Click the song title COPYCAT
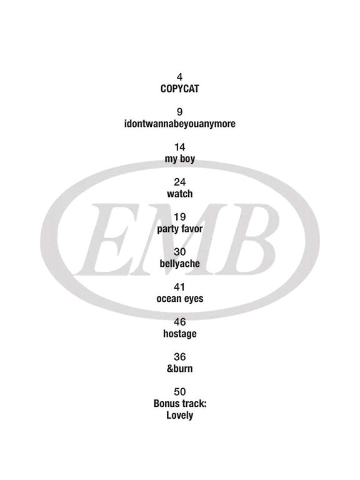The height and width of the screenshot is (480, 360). coord(180,89)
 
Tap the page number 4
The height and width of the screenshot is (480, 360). coord(180,77)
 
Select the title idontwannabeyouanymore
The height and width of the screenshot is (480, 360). coord(180,124)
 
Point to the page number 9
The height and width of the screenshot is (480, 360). coord(180,112)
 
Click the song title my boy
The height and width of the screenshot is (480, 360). coord(180,159)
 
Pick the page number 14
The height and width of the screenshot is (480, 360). coord(180,147)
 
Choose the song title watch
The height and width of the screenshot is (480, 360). coord(180,194)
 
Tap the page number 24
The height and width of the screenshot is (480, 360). coord(180,182)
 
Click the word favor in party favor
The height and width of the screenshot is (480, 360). coord(192,229)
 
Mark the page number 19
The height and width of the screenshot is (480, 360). coord(180,217)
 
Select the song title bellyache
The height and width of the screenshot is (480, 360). coord(180,264)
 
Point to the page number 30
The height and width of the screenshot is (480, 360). coord(180,252)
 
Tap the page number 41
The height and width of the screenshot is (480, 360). coord(180,287)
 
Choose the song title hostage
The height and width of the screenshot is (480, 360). coord(180,334)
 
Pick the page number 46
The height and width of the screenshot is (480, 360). coord(180,322)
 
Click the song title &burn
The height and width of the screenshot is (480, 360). coord(180,369)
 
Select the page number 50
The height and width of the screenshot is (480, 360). coord(180,391)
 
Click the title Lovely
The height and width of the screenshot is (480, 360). coord(180,416)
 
